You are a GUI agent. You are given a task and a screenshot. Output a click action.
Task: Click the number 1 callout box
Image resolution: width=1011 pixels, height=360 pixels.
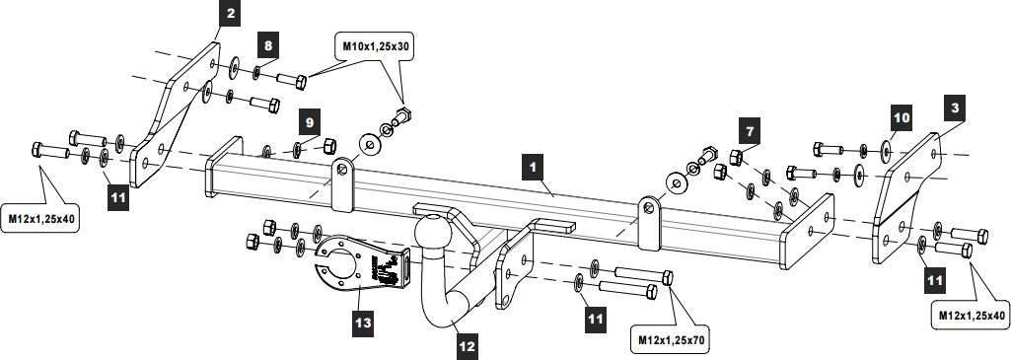click(x=533, y=168)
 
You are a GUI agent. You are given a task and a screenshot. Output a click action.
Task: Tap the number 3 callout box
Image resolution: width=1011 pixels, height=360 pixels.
click(x=956, y=108)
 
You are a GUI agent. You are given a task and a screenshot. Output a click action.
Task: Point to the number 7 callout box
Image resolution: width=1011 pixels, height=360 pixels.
click(x=750, y=131)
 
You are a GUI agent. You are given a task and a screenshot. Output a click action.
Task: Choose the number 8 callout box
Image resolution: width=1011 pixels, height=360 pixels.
click(x=268, y=45)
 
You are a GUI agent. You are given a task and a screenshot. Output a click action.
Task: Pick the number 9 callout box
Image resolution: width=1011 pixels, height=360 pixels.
click(x=309, y=121)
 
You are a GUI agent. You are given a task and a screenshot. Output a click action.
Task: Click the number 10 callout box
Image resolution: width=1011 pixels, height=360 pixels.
click(x=903, y=117)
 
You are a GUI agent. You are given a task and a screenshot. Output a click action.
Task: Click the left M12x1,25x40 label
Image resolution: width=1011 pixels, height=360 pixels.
click(x=41, y=218)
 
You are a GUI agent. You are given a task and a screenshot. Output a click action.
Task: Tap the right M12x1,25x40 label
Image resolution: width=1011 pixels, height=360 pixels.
click(x=971, y=316)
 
